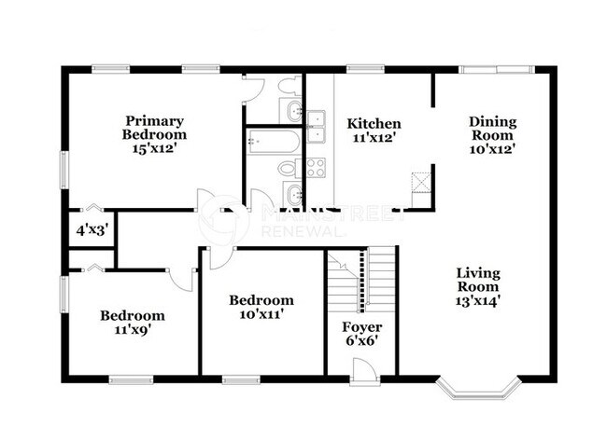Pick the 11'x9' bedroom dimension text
(x=133, y=330)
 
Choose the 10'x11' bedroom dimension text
(x=261, y=315)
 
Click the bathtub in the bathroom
(x=274, y=142)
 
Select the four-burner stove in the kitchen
(x=316, y=168)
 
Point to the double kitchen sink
(x=316, y=125)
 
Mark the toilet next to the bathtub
(x=288, y=169)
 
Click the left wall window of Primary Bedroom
(x=64, y=171)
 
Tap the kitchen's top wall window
(x=364, y=68)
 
